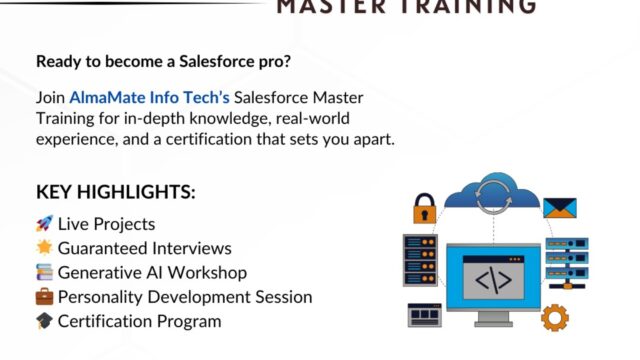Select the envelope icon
[x=560, y=206]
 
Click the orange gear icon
[x=554, y=317]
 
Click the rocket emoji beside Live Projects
[x=44, y=224]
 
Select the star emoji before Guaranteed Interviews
[x=44, y=248]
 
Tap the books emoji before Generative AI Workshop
[x=44, y=272]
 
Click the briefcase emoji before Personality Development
[x=44, y=297]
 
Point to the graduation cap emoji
[x=44, y=321]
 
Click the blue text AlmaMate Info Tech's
[x=150, y=98]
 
